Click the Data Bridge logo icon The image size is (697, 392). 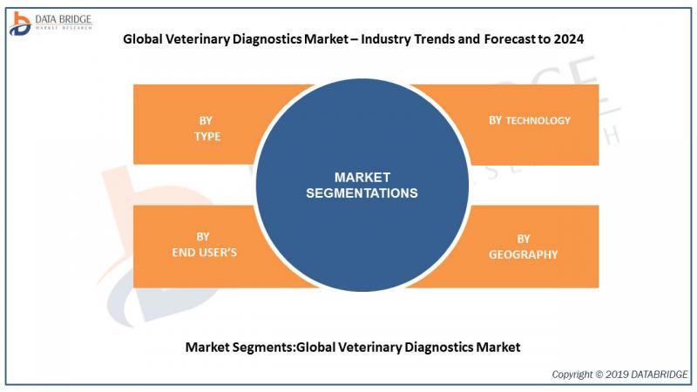(20, 24)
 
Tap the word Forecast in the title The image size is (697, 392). (510, 39)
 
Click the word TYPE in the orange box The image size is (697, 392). (207, 137)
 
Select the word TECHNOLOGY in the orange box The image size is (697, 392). (538, 120)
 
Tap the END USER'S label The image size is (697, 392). (205, 253)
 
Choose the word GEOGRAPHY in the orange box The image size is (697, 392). (524, 254)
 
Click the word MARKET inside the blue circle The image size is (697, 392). (362, 178)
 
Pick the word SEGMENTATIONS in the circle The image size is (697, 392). (362, 193)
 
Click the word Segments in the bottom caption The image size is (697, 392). (264, 347)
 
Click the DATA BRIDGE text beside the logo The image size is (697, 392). (63, 19)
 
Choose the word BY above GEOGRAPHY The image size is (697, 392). (524, 239)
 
